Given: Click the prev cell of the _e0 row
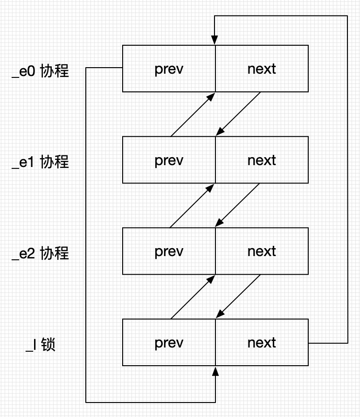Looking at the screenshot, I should click(x=169, y=69).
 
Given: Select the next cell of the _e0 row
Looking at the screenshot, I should click(x=262, y=69).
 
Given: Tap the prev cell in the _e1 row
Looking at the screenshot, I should click(x=169, y=160).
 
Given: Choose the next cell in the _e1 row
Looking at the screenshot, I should click(x=262, y=160).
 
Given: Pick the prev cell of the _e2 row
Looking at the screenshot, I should click(x=169, y=251).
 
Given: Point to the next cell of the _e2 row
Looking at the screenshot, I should click(x=262, y=251).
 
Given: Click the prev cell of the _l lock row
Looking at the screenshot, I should click(x=169, y=342).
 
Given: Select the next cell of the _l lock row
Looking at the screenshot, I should click(x=262, y=342).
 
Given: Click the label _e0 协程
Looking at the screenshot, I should click(x=40, y=71).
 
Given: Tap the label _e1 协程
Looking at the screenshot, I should click(x=40, y=162).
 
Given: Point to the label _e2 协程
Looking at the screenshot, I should click(x=40, y=253).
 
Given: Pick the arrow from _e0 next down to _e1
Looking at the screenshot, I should click(x=238, y=114).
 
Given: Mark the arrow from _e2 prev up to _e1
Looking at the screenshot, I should click(x=192, y=206).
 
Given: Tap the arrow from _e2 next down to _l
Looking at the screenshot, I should click(x=238, y=297).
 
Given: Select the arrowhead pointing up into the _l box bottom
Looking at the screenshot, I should click(x=215, y=370).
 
